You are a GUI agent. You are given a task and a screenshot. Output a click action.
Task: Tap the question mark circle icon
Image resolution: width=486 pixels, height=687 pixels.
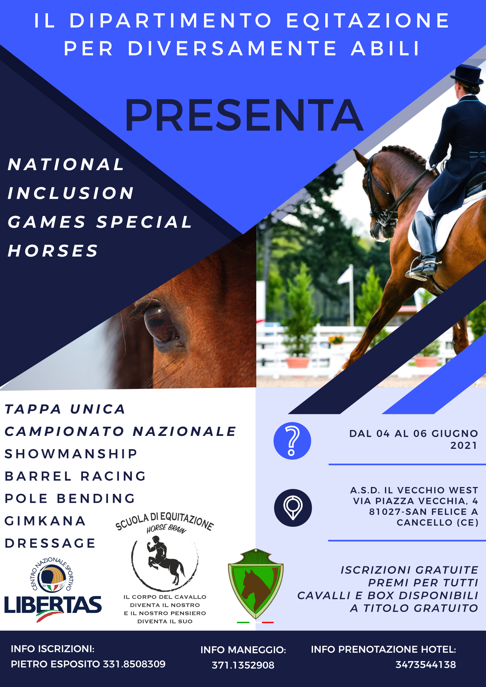[292, 441]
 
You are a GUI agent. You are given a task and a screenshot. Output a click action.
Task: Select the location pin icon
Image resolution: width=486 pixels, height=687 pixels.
[293, 508]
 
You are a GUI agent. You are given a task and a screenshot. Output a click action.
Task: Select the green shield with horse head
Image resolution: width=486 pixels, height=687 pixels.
[256, 583]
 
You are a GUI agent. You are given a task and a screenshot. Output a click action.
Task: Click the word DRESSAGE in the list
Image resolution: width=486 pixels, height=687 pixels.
[50, 543]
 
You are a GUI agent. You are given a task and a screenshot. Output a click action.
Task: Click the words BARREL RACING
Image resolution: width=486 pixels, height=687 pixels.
[75, 476]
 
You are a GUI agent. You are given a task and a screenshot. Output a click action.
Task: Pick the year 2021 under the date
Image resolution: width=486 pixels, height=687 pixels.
[464, 446]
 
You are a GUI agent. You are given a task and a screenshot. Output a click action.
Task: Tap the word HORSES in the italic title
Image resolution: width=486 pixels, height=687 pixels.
[53, 251]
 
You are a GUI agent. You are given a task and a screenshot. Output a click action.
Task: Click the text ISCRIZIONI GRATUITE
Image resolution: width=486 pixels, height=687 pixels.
[409, 570]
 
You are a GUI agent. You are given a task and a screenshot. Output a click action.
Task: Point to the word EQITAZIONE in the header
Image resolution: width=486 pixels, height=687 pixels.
[368, 21]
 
